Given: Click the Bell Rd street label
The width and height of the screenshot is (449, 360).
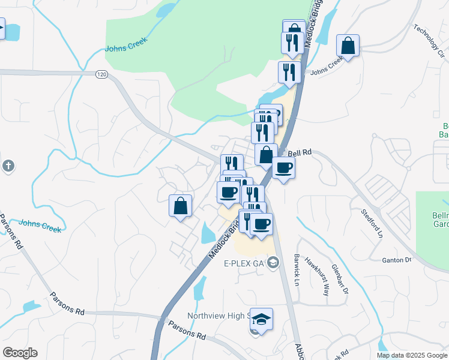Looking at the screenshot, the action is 301,154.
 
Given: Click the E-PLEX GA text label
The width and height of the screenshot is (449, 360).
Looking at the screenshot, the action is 244,263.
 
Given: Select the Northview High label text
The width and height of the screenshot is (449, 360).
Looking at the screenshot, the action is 216,316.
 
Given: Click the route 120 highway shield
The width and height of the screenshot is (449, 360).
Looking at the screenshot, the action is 101,74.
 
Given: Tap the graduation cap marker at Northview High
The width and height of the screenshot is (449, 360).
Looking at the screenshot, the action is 261,319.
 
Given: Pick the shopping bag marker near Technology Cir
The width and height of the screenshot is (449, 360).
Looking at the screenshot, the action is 348,45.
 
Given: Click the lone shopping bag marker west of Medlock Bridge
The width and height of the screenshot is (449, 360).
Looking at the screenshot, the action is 180,206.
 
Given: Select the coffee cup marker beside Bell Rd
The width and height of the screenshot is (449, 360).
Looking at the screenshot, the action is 283,167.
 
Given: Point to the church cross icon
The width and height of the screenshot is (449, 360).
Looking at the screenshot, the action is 8,166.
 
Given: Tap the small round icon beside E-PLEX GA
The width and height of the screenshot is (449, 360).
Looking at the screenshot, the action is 273,262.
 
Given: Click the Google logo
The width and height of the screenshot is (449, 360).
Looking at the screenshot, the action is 20,353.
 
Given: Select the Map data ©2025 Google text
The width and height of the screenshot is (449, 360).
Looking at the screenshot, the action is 412,355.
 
